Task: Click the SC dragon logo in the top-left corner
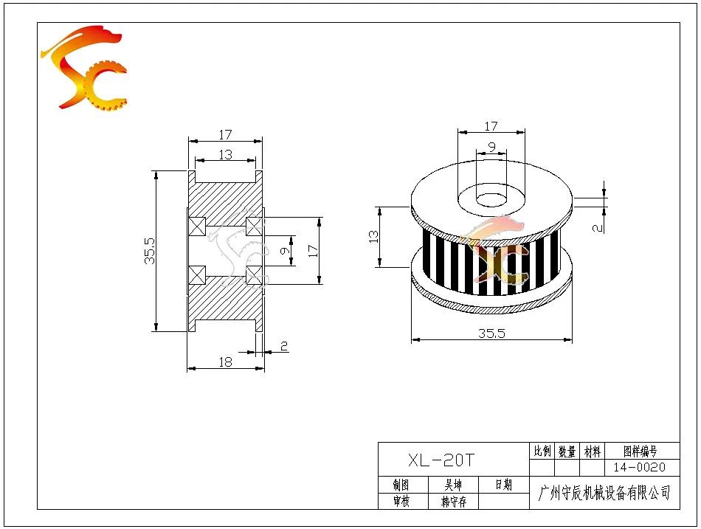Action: (x=84, y=67)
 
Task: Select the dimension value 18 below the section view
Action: (x=225, y=362)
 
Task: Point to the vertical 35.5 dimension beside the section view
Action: (x=150, y=250)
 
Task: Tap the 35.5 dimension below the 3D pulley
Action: (x=491, y=333)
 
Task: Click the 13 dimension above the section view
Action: (x=225, y=154)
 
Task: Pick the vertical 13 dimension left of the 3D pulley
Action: (x=373, y=237)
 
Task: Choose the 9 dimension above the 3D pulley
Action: (x=491, y=147)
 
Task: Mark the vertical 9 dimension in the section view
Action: (x=285, y=250)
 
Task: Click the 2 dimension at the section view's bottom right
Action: (x=284, y=346)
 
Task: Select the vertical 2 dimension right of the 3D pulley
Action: (x=597, y=228)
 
